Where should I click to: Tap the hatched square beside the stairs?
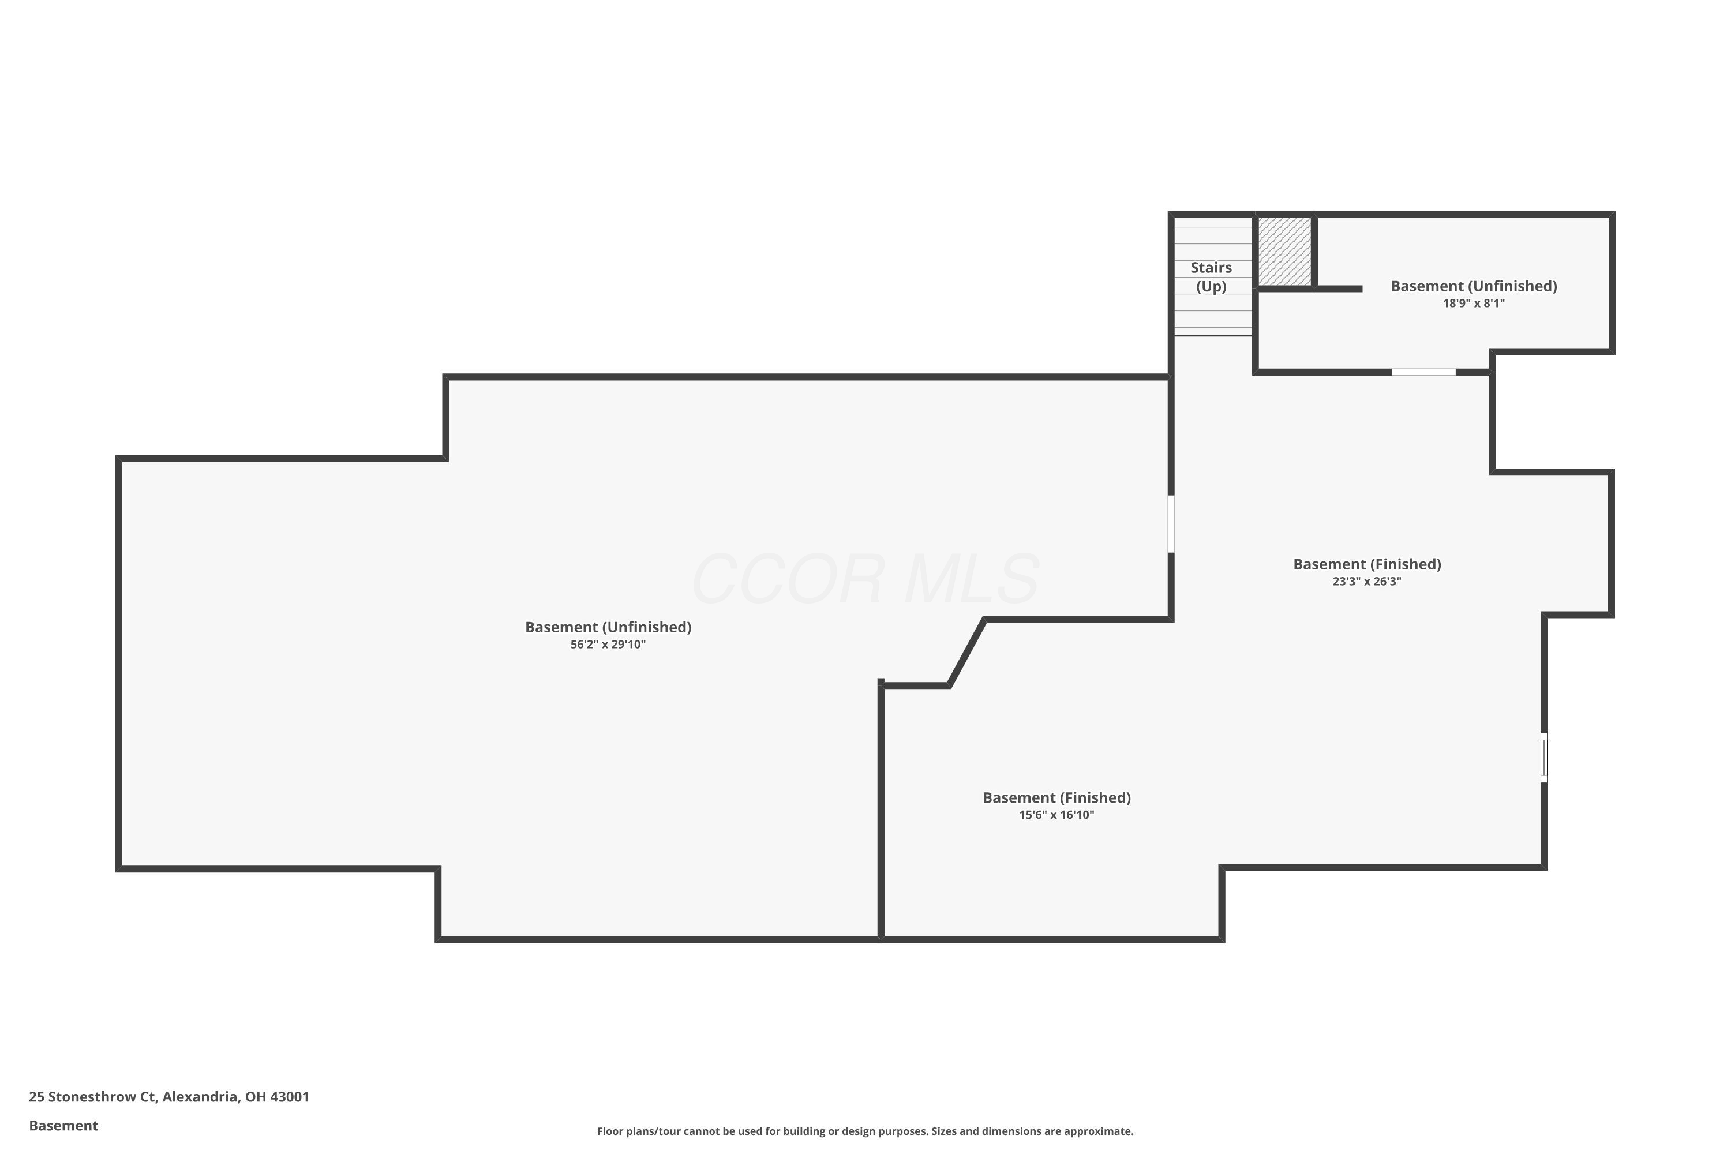click(x=1284, y=250)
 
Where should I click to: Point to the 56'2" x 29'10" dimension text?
click(x=608, y=645)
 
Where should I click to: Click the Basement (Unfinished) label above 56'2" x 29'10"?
click(x=608, y=627)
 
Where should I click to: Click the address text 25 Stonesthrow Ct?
click(x=92, y=1097)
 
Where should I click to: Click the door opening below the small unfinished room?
click(x=1423, y=372)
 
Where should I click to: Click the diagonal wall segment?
click(x=967, y=653)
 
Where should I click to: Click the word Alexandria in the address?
click(x=200, y=1097)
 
